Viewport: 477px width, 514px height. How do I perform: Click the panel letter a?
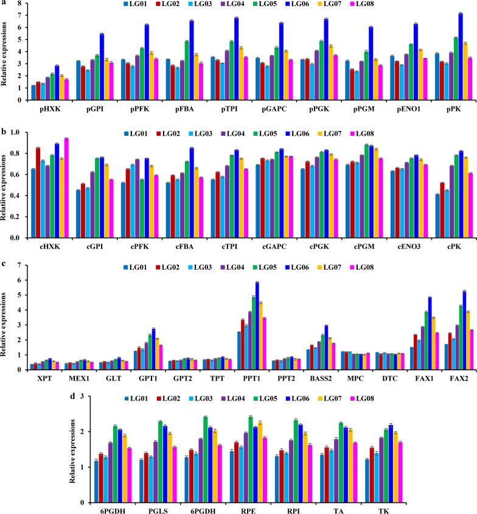pos(4,4)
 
